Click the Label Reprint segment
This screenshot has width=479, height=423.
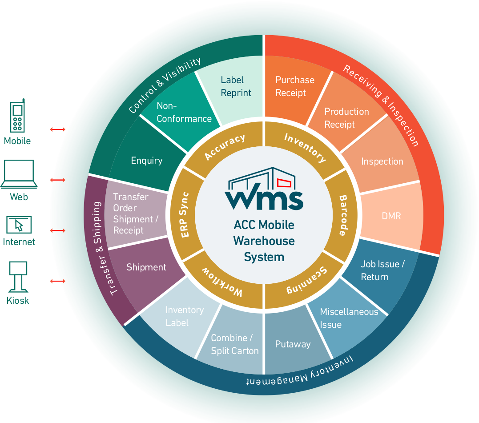tap(236, 87)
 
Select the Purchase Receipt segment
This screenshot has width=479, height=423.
tap(294, 87)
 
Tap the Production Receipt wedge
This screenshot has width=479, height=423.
tap(346, 118)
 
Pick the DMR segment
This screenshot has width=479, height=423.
tap(391, 216)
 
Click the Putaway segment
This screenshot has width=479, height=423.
tap(293, 344)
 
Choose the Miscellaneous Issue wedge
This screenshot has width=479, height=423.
tap(349, 318)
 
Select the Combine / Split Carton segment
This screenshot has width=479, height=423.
tap(234, 344)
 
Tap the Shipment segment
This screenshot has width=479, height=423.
tap(146, 267)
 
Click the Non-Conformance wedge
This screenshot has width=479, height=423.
tap(184, 113)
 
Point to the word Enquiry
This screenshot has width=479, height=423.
tap(147, 161)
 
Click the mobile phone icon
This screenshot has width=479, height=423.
tap(17, 116)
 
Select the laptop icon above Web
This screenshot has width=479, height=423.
tap(19, 174)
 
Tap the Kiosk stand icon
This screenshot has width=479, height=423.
tap(18, 277)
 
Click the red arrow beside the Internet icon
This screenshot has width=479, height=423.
tap(57, 230)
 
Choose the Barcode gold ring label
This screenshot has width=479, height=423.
tap(343, 215)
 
